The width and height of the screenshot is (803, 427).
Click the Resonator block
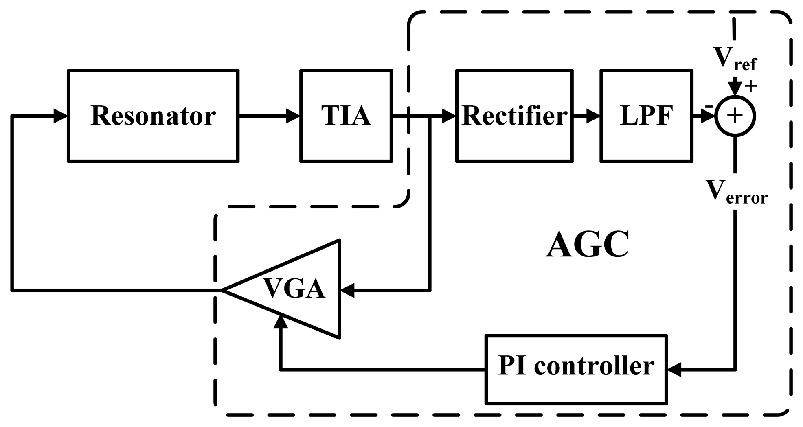click(x=153, y=116)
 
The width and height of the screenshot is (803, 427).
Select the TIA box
click(x=346, y=116)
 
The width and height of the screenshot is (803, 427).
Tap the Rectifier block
click(x=514, y=116)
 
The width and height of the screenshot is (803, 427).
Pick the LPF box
click(x=646, y=116)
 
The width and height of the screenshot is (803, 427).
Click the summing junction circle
click(x=735, y=116)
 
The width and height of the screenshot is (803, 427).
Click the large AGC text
click(x=587, y=244)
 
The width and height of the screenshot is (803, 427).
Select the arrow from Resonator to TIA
click(x=269, y=116)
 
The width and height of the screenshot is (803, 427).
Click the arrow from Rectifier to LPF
click(x=586, y=116)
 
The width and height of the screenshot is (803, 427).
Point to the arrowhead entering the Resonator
click(x=61, y=116)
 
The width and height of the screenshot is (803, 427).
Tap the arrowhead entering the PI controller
click(x=674, y=370)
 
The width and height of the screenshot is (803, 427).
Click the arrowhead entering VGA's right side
click(x=347, y=291)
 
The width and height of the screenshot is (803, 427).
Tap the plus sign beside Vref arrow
click(x=751, y=86)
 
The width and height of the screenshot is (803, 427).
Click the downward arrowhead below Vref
click(x=735, y=88)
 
